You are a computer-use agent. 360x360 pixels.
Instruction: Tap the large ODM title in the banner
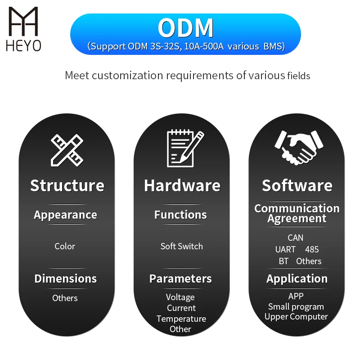(185, 28)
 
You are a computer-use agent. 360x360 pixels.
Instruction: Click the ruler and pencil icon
(67, 148)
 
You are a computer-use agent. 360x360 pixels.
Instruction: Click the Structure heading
(67, 185)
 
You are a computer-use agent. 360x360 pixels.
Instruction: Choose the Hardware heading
(182, 185)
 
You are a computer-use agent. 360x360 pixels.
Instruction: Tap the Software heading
(297, 185)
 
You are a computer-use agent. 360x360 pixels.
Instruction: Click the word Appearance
(65, 215)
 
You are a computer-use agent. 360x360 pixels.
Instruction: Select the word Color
(65, 246)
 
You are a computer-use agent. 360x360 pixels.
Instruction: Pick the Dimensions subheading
(65, 279)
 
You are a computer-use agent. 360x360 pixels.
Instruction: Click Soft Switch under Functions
(182, 246)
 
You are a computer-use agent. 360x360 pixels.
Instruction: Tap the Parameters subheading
(180, 279)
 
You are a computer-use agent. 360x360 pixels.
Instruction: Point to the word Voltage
(180, 297)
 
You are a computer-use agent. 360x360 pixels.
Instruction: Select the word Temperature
(181, 319)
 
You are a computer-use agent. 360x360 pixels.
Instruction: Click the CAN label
(296, 238)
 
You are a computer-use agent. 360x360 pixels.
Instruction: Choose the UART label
(285, 249)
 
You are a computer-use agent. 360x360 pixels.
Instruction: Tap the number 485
(312, 249)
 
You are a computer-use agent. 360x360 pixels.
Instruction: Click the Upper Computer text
(296, 317)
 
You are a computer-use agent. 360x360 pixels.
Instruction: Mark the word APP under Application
(296, 296)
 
